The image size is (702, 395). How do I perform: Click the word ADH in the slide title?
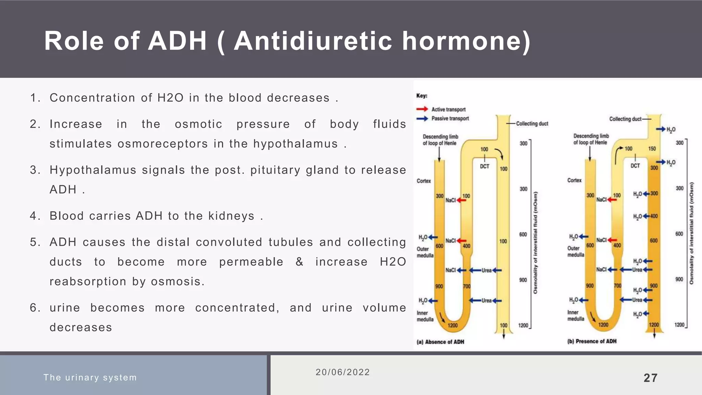click(x=177, y=41)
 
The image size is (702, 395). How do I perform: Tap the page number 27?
click(x=650, y=378)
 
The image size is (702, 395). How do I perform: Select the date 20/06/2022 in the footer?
click(x=342, y=372)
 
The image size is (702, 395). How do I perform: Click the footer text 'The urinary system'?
click(x=90, y=378)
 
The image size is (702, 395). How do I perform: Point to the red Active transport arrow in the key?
click(x=422, y=109)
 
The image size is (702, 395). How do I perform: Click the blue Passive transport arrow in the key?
click(x=422, y=118)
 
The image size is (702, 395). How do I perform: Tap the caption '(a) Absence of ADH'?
click(x=440, y=342)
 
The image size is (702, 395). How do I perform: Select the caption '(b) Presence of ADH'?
click(x=592, y=341)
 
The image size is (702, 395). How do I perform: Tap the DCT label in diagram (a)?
click(x=484, y=166)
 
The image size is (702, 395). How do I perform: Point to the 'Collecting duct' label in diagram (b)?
click(x=625, y=119)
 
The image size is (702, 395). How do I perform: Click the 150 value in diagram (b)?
click(x=652, y=148)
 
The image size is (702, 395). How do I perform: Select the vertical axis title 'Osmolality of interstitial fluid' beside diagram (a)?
click(x=535, y=242)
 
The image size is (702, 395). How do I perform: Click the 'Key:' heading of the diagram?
click(x=422, y=96)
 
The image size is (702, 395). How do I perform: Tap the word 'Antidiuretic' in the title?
click(x=313, y=41)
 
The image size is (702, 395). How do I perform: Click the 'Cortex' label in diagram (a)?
click(x=424, y=181)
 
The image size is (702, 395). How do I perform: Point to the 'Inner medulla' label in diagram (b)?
click(x=576, y=315)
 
